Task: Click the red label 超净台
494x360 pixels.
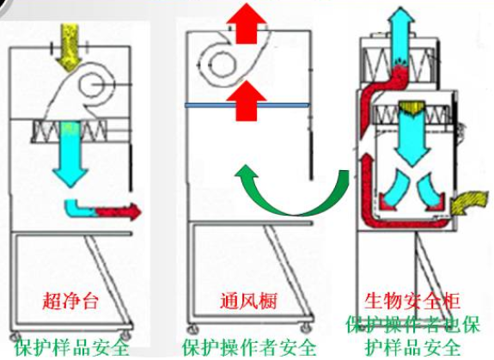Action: click(70, 301)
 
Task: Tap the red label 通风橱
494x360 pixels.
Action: click(248, 301)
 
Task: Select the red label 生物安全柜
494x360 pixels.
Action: click(412, 301)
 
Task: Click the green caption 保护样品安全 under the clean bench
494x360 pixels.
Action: click(72, 348)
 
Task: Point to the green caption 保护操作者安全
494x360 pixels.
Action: click(249, 348)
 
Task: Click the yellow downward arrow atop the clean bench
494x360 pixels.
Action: click(70, 48)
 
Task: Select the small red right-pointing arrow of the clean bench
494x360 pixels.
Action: click(119, 211)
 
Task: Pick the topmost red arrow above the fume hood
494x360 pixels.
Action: click(247, 23)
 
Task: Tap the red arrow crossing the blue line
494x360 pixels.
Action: click(247, 101)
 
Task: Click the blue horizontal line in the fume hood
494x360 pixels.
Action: click(247, 105)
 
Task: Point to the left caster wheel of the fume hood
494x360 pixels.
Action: click(192, 329)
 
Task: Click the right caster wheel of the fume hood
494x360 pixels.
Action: click(306, 328)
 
